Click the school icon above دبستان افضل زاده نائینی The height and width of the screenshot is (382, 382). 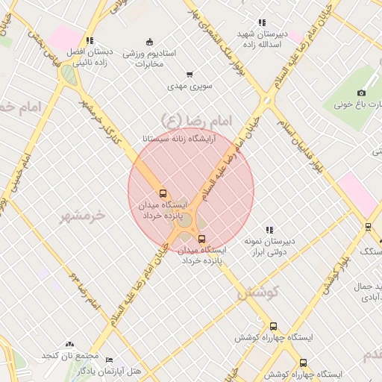pyautogui.click(x=90, y=40)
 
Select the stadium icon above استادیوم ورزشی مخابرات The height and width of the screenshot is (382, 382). pyautogui.click(x=149, y=41)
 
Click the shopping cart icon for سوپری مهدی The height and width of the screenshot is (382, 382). pyautogui.click(x=190, y=74)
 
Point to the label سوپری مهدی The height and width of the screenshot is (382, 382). pyautogui.click(x=195, y=87)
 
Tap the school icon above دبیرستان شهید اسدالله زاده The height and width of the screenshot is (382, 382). pyautogui.click(x=261, y=22)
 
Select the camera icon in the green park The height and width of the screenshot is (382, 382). pyautogui.click(x=362, y=93)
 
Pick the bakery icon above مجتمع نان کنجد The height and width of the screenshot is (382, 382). pyautogui.click(x=70, y=344)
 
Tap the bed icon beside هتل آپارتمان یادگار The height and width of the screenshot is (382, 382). pyautogui.click(x=109, y=360)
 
